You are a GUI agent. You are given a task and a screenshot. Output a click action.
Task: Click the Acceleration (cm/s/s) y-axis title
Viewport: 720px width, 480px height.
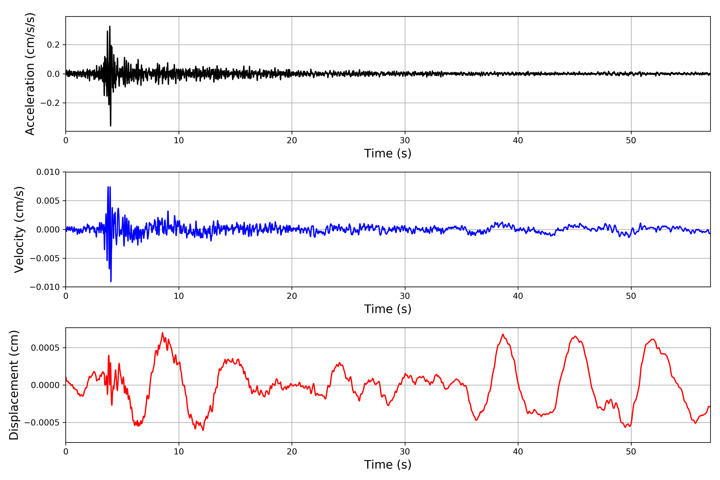pos(30,74)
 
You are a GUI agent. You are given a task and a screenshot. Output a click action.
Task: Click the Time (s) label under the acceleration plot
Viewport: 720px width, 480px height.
pos(388,153)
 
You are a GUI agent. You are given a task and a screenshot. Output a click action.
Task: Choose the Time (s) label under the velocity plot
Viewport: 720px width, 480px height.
pos(388,309)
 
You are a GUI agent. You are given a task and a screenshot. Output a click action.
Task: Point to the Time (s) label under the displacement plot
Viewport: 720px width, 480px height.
pos(388,464)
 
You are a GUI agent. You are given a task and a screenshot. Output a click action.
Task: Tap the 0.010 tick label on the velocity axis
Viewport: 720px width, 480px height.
pos(48,172)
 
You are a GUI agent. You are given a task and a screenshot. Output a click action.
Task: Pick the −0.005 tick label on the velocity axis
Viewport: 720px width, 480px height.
pos(45,258)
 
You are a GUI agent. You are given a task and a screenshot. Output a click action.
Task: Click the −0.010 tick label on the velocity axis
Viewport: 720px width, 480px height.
pos(45,287)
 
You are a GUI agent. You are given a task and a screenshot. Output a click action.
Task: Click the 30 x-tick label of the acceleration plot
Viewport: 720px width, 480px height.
pos(405,141)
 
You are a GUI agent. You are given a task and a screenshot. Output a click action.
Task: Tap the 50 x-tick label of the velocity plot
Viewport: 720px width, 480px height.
pos(631,296)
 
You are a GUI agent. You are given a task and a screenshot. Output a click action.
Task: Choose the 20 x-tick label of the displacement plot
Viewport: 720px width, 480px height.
pos(292,452)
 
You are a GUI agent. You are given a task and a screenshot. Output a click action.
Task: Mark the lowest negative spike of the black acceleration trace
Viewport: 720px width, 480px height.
pos(111,126)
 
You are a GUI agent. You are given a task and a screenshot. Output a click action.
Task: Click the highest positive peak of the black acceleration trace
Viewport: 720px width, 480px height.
pos(110,27)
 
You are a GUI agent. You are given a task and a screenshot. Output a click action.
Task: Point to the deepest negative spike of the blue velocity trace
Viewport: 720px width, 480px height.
pos(111,281)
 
